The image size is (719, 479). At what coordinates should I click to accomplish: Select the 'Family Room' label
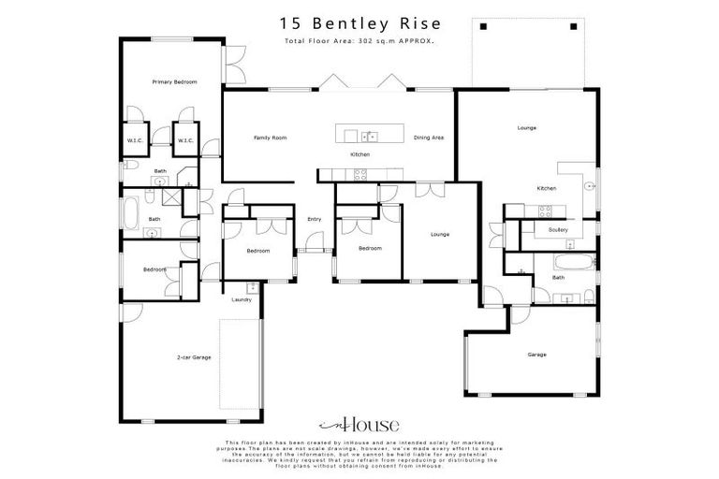point(270,138)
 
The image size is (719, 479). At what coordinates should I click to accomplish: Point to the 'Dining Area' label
point(428,138)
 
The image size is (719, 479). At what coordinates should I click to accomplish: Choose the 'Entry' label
point(314,220)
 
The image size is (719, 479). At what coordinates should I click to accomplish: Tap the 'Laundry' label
point(242,299)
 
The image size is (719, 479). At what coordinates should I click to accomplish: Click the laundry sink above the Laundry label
point(252,287)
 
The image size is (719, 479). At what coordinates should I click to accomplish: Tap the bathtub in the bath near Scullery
point(570,261)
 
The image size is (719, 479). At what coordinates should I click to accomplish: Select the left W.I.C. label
point(134,141)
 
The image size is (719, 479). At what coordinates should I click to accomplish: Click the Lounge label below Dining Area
point(439,234)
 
